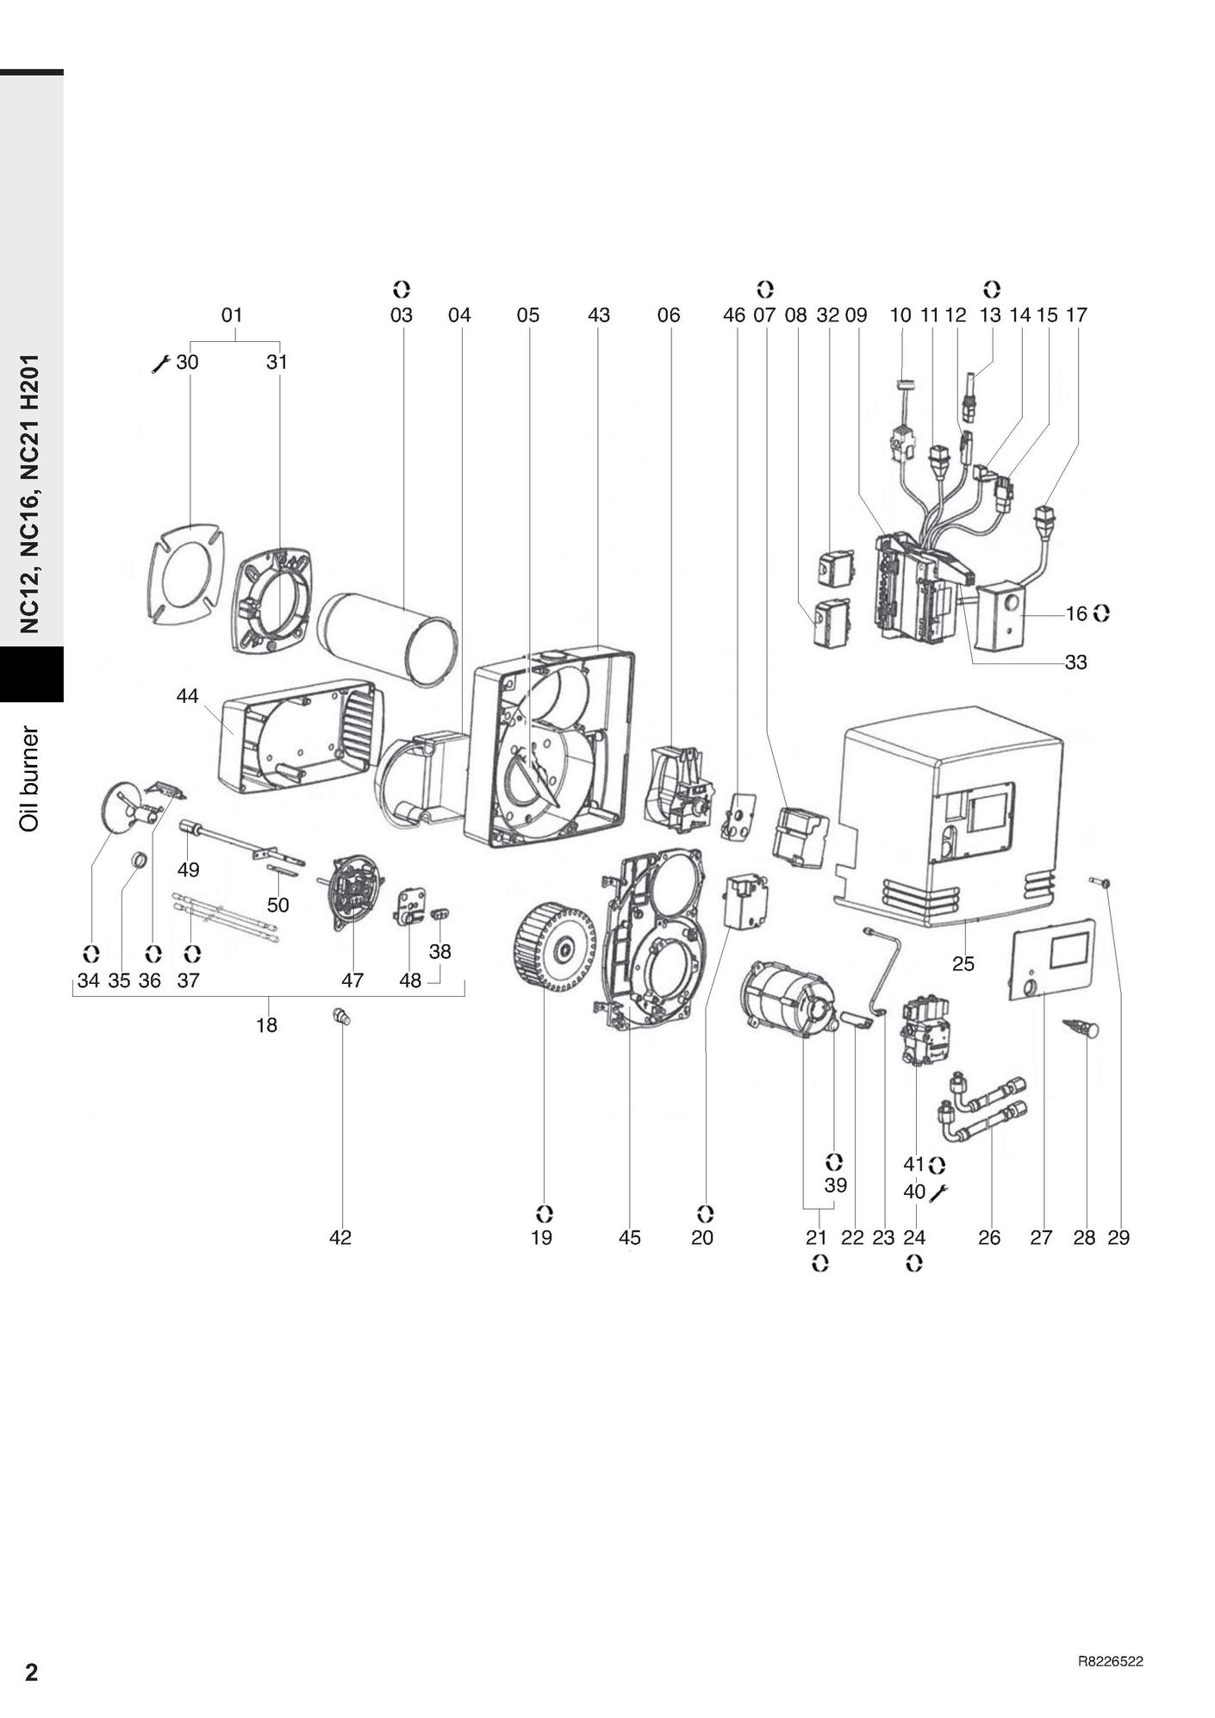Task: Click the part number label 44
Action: pos(187,695)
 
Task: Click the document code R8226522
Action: pos(1110,1661)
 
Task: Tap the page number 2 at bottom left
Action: pos(31,1671)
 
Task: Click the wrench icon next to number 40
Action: pos(938,1192)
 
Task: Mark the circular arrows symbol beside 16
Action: pos(1101,613)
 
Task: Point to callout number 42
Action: pos(340,1237)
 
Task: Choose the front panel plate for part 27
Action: pos(1052,960)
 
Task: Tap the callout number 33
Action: pos(1075,663)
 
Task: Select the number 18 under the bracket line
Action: pos(266,1024)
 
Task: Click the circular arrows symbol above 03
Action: pos(402,289)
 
